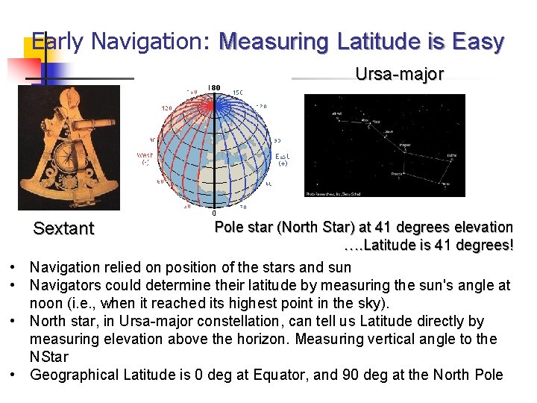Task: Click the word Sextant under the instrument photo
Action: click(63, 228)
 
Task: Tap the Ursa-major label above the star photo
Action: click(399, 74)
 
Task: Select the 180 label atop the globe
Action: click(215, 88)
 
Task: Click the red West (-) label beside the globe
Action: click(145, 159)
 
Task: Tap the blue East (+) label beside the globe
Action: click(283, 160)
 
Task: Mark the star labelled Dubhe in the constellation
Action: click(451, 155)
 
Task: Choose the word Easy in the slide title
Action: click(480, 42)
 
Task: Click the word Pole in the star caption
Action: click(229, 227)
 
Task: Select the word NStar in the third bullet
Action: click(49, 357)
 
